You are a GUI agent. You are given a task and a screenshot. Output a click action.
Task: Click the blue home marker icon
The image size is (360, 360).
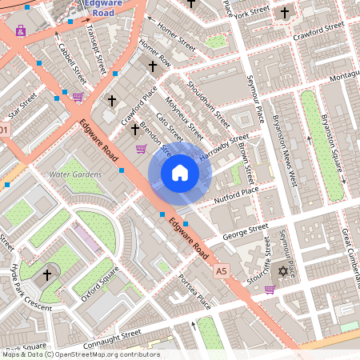[x=180, y=173]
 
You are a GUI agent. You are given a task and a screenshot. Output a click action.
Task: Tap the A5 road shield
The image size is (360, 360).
[x=222, y=273]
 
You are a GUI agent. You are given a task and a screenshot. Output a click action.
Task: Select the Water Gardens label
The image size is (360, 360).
[x=75, y=174]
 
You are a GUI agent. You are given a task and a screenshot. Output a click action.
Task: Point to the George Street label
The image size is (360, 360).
[x=245, y=233]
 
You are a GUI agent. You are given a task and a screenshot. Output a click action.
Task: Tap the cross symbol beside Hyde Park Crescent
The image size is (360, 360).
[x=47, y=274]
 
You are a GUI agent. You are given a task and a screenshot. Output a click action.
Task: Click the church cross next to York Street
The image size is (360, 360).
[x=285, y=14]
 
